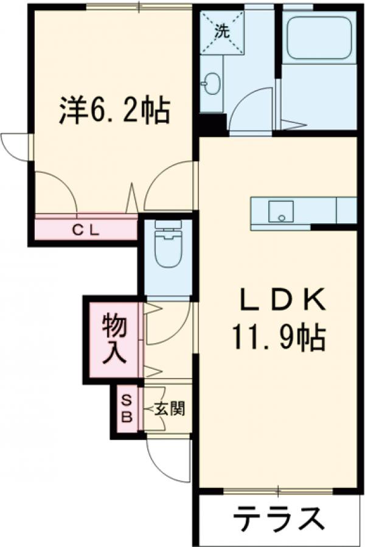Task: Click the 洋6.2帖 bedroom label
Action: pos(114,110)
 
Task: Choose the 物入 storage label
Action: pos(114,340)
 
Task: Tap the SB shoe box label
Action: pos(127,408)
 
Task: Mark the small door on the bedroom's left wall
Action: pos(15,146)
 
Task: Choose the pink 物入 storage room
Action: pos(114,340)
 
